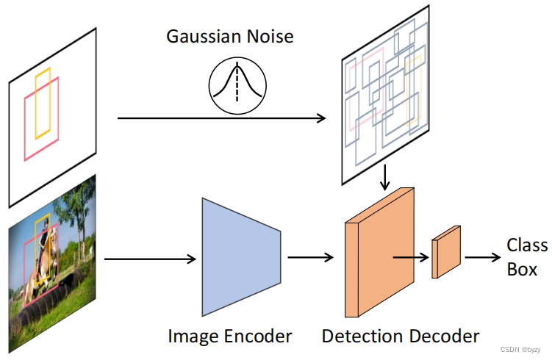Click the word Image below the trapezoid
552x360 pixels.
tap(193, 336)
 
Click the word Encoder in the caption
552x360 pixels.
tap(257, 336)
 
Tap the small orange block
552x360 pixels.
tap(446, 252)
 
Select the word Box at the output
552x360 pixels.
tap(522, 269)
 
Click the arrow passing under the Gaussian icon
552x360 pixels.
tap(221, 117)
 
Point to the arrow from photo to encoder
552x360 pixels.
tap(151, 259)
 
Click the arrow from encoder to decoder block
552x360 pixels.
tap(312, 257)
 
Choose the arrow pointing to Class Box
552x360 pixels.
tap(481, 257)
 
